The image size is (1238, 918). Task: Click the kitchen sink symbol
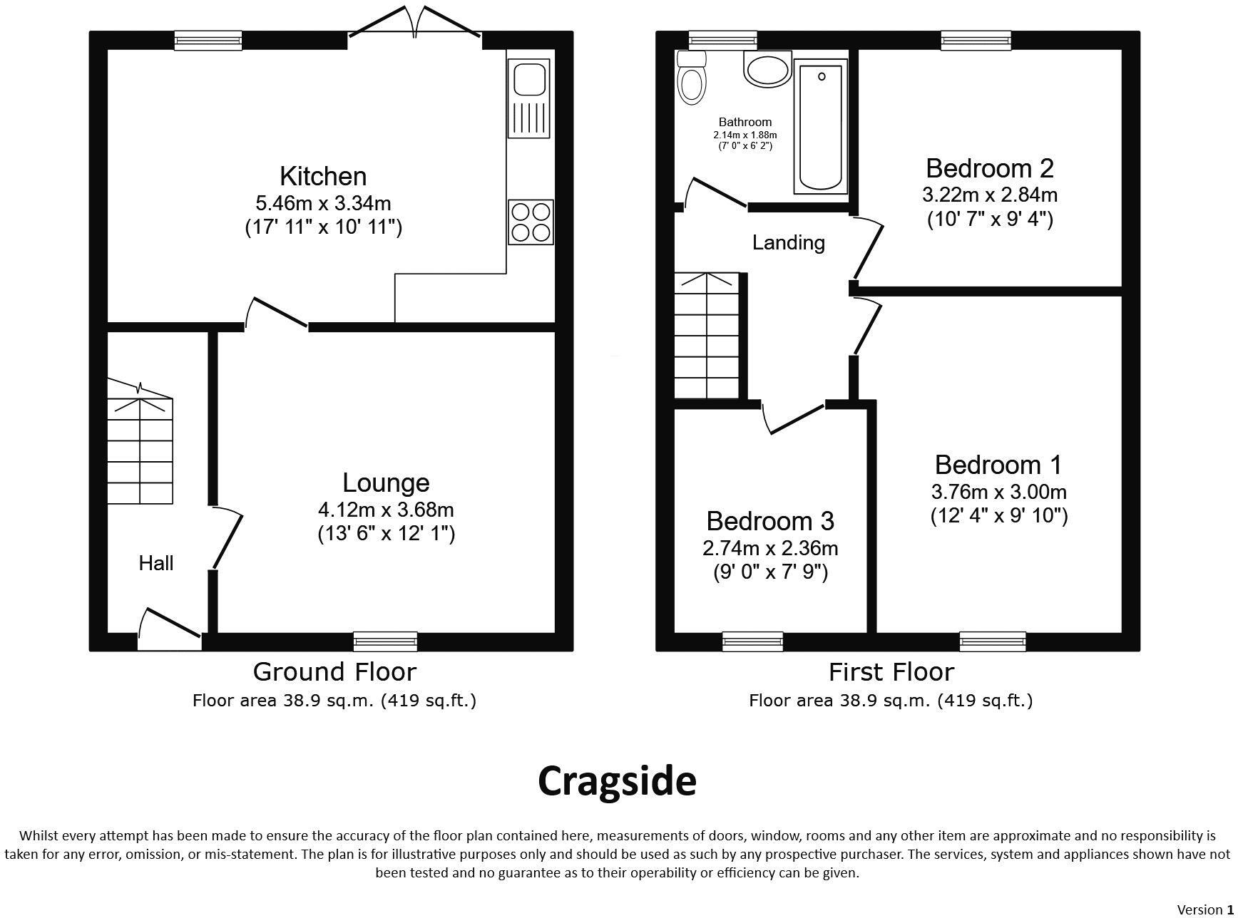tap(528, 98)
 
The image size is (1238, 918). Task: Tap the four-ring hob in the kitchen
tap(531, 222)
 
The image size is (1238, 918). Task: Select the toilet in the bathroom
tap(691, 79)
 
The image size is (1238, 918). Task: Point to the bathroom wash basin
tap(767, 70)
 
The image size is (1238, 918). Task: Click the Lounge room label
tap(386, 483)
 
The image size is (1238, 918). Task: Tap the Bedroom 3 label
tap(769, 522)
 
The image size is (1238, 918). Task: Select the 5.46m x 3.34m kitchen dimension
tap(323, 203)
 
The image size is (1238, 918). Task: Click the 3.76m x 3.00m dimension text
tap(998, 492)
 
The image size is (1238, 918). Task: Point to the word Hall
tap(156, 564)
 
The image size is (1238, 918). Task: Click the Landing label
tap(788, 243)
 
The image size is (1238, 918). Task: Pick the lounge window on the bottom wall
tap(385, 641)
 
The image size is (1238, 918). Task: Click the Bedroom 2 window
tap(976, 40)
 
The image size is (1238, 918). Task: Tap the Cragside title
tap(617, 781)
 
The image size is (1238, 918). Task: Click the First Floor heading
tap(891, 672)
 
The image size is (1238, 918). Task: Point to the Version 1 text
tap(1204, 909)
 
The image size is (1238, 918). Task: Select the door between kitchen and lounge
tap(277, 314)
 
